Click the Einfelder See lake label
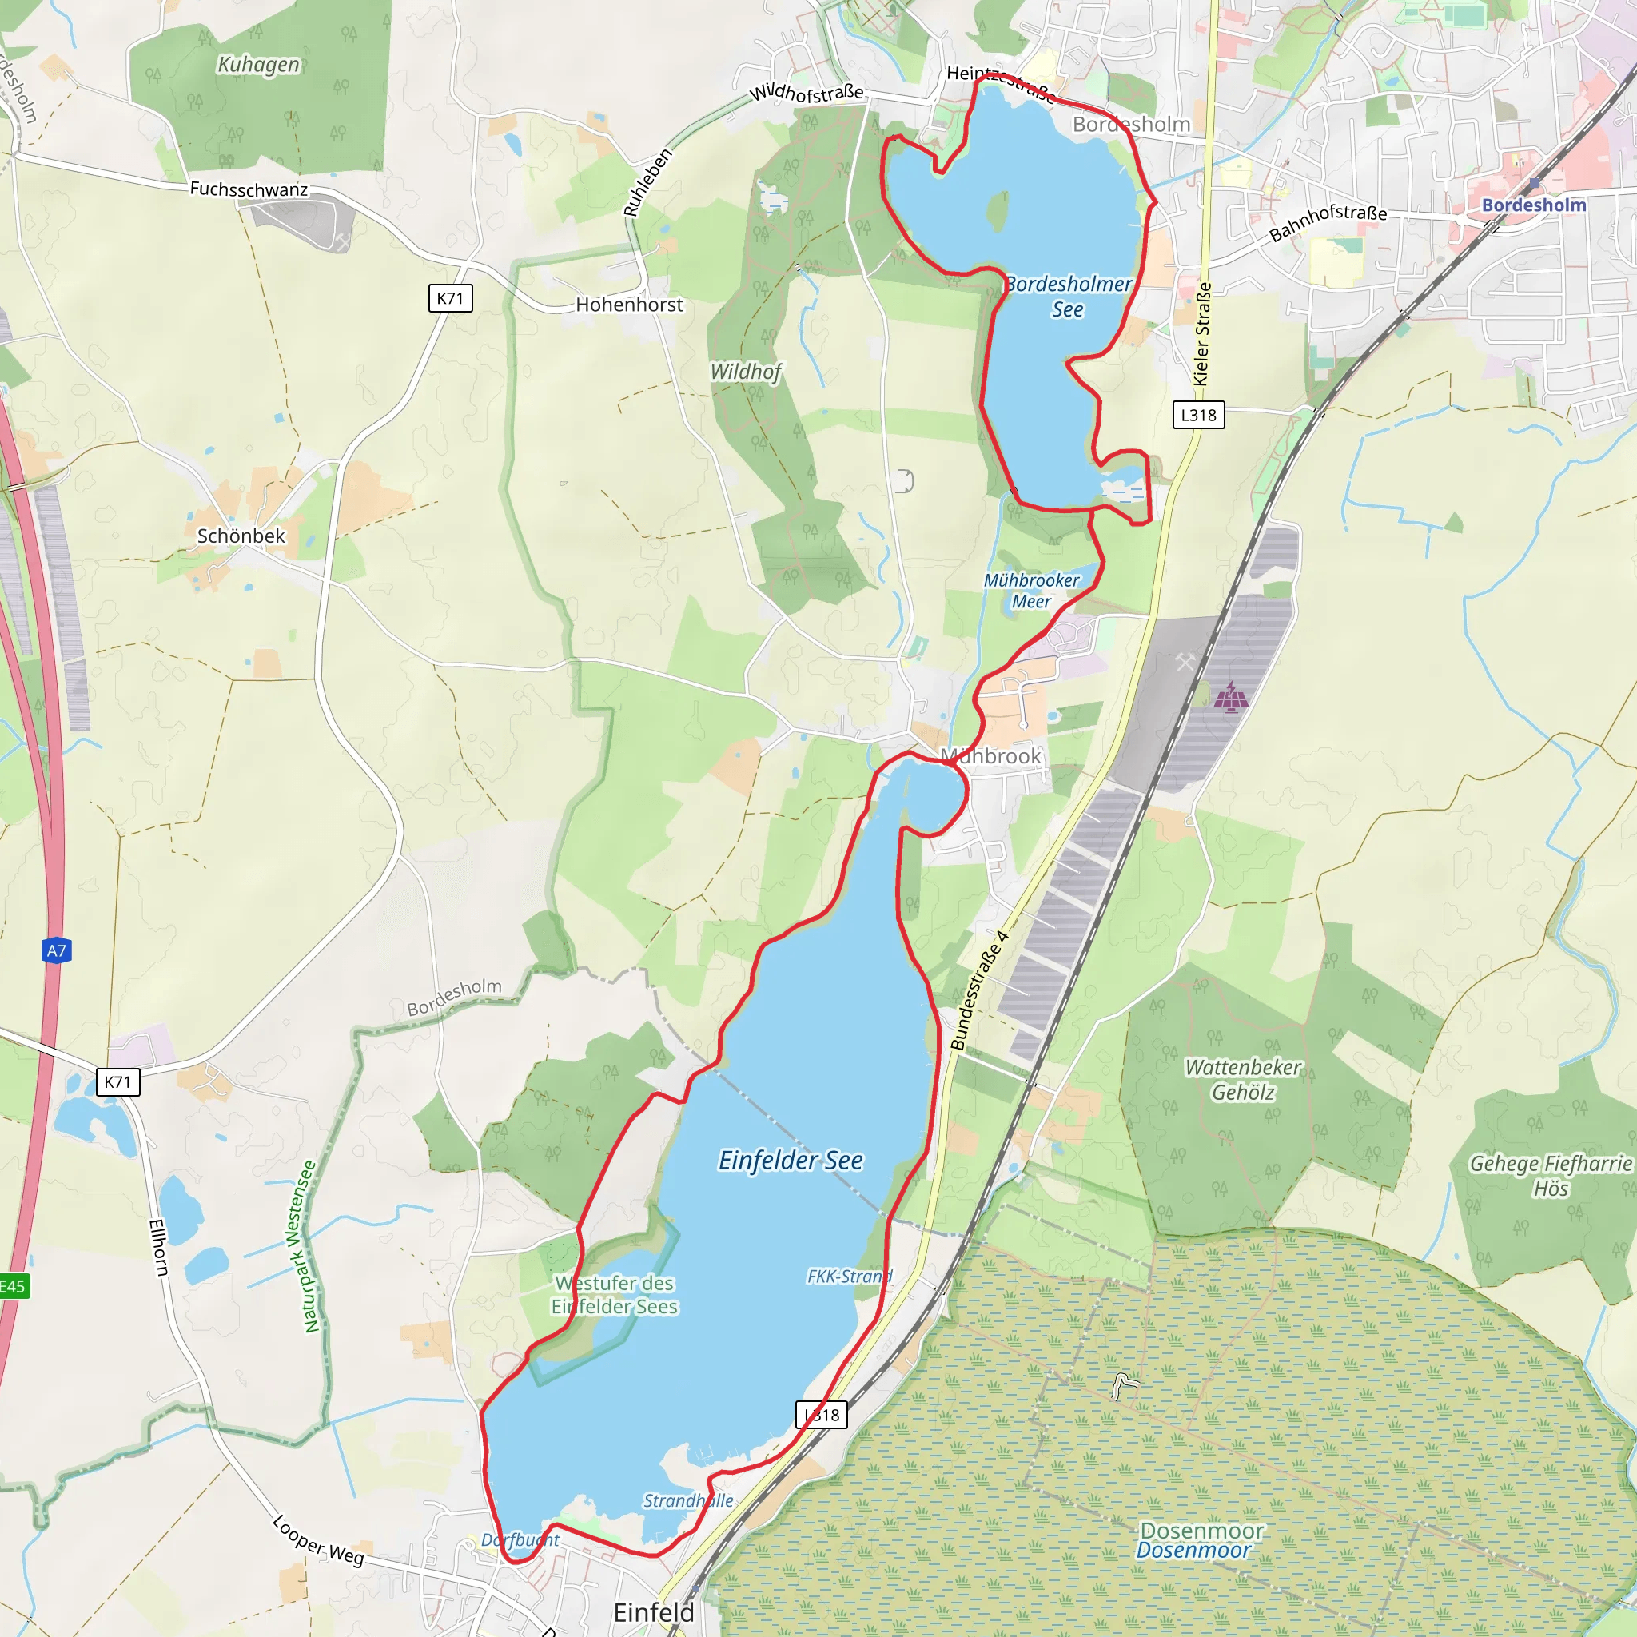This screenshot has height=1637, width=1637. coord(790,1160)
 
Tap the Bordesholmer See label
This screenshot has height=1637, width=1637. coord(1068,297)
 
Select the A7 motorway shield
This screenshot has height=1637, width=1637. coord(56,950)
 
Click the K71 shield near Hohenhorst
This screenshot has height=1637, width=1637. coord(450,298)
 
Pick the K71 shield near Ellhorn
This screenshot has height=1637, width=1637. coord(117,1082)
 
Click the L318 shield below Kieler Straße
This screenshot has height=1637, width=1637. coord(1198,415)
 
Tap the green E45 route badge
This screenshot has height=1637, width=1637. coord(12,1286)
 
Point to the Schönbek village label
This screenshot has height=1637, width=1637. coord(241,536)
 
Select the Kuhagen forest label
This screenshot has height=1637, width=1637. coord(258,65)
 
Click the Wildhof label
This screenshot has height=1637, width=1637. coord(746,371)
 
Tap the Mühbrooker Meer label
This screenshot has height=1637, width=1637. coord(1031,591)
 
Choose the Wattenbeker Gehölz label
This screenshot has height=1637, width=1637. coord(1242,1079)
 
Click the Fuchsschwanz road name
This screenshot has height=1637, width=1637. coord(249,189)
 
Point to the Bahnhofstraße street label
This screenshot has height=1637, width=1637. coord(1327,222)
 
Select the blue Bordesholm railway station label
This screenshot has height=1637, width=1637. coord(1534,205)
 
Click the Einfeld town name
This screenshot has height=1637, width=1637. coord(653,1612)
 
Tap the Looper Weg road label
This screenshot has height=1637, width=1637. coord(318,1540)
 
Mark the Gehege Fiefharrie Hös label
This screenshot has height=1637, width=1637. coord(1550,1175)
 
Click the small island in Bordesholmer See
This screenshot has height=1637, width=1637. coord(998,211)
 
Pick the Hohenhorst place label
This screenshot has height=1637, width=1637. coord(629,305)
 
